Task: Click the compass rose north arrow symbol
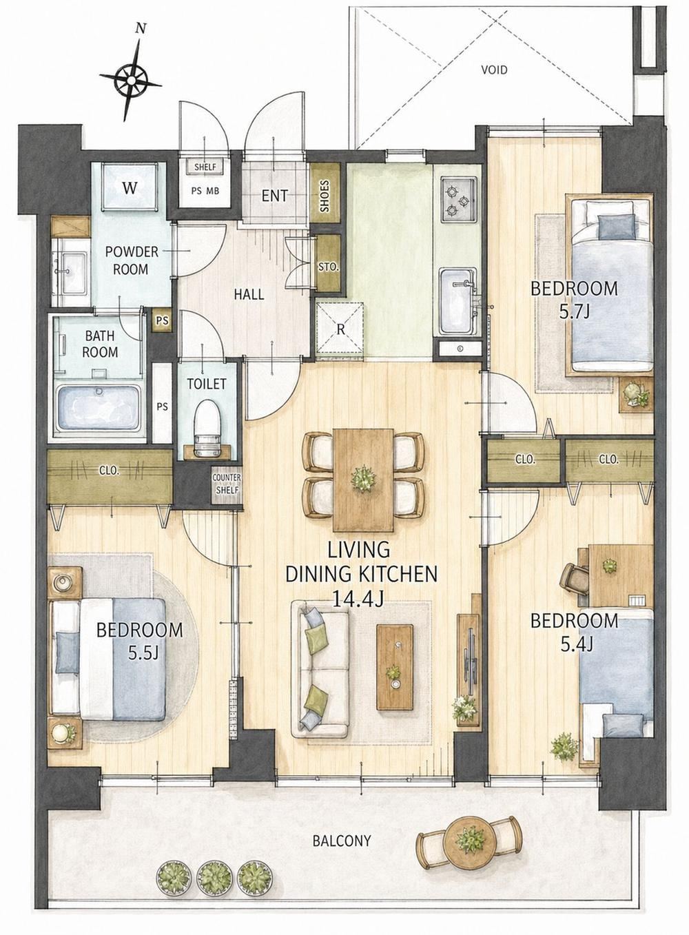point(131,78)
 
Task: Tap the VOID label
point(495,70)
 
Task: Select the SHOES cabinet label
point(325,196)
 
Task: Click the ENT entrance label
point(275,196)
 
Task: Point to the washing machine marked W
point(130,187)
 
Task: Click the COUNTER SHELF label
point(227,484)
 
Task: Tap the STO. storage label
point(329,267)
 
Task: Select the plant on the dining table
point(363,477)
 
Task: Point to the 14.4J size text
point(358,599)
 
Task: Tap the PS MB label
point(205,191)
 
